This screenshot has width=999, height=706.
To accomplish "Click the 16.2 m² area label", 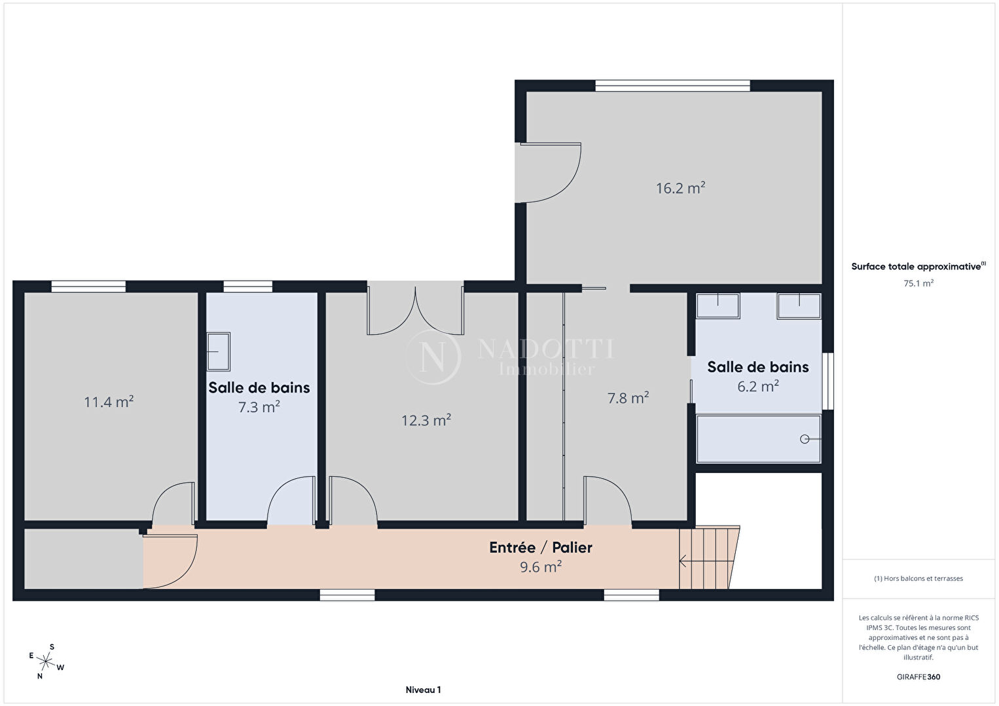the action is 680,188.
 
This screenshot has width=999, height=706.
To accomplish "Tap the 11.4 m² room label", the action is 109,402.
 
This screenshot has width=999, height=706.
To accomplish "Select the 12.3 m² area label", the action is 426,420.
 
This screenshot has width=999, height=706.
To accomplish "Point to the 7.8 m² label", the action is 628,398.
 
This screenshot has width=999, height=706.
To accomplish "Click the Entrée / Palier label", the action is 541,547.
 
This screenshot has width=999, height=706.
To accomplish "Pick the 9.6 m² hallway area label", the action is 541,567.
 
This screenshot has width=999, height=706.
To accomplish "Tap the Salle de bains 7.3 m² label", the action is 259,397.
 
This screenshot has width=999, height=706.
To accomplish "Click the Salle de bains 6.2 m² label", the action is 757,377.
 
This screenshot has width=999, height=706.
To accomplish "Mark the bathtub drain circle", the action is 805,439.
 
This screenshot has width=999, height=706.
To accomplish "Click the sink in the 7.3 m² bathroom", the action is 219,351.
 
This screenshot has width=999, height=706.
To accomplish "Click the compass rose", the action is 45,662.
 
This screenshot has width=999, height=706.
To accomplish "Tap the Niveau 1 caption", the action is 423,690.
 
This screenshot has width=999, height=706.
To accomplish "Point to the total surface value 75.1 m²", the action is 918,283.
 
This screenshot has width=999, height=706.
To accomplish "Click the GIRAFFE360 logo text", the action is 918,677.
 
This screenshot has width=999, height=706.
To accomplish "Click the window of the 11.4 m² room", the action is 88,287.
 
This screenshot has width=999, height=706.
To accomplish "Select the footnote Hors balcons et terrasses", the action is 918,578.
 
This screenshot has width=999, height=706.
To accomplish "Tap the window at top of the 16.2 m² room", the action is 672,86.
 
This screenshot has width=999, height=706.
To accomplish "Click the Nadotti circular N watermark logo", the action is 433,357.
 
